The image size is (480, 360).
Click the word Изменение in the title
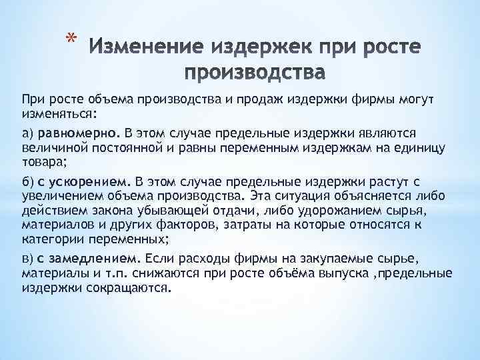coord(141,48)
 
